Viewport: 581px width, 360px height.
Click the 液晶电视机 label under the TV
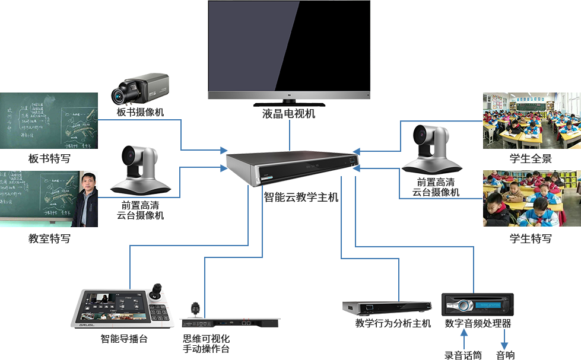click(288, 113)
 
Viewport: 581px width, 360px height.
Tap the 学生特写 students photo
click(531, 198)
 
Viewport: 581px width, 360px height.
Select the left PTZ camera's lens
click(130, 156)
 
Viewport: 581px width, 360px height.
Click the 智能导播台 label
click(123, 339)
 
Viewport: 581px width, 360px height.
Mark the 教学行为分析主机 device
click(386, 308)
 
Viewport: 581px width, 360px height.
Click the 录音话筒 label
click(463, 355)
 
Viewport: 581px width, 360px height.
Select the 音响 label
click(506, 355)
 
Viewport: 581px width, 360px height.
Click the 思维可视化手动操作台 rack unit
click(230, 314)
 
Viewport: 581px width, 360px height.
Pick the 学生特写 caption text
click(531, 238)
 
